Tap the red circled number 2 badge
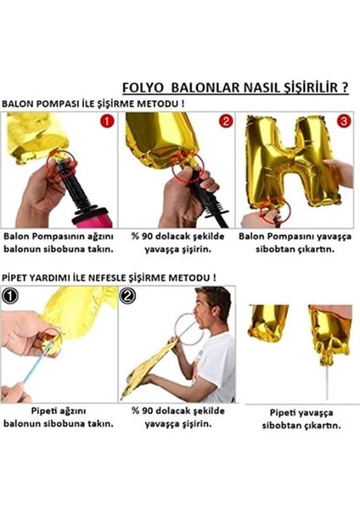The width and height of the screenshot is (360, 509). pos(226,121)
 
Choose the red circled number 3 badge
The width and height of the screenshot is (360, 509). pos(343,121)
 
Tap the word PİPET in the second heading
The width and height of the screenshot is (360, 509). pos(17,277)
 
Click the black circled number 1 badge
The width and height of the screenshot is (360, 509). pos(10,298)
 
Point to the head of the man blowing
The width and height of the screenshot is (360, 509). pos(213,306)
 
